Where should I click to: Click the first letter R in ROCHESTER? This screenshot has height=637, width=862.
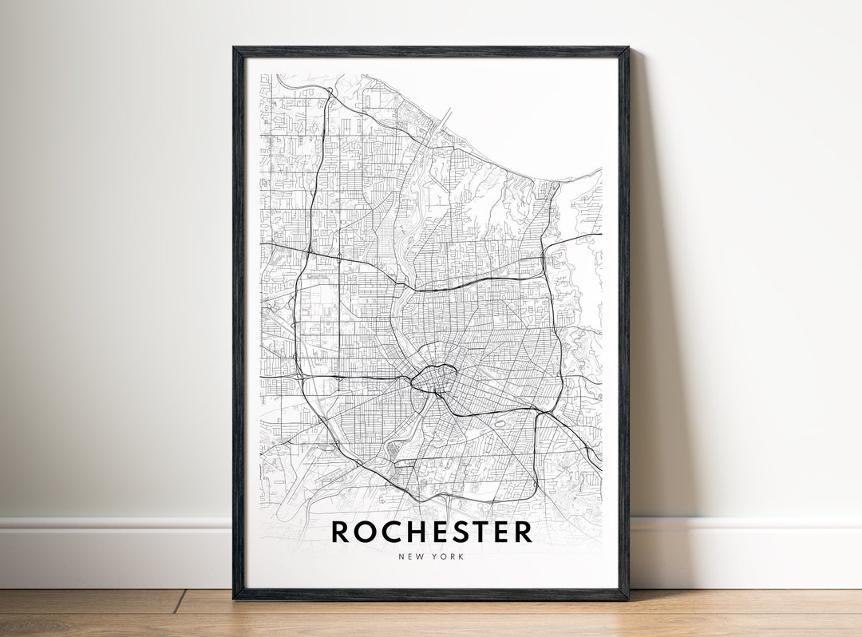click(341, 532)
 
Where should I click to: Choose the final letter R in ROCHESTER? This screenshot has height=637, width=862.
click(523, 532)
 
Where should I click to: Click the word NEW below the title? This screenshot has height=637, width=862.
click(410, 556)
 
